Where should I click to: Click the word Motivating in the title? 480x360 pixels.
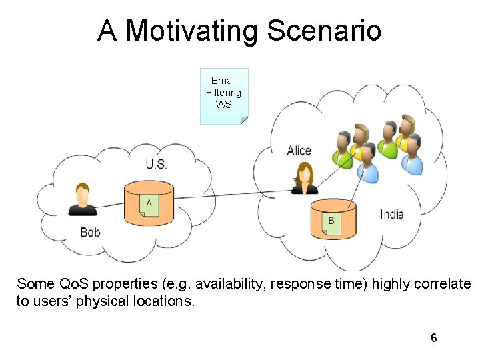tap(192, 31)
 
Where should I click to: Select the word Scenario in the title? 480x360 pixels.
tap(325, 31)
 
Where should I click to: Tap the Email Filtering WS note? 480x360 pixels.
tap(224, 95)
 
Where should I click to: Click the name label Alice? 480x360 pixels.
tap(299, 151)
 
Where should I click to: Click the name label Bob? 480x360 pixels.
tap(90, 233)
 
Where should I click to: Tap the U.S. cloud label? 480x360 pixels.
tap(156, 164)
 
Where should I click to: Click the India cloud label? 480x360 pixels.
tap(391, 214)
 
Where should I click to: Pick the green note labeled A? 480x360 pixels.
tap(149, 205)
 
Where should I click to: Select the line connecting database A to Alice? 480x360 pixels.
tap(227, 195)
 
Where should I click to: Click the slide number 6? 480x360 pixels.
tap(434, 338)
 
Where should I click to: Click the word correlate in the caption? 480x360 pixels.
tap(442, 284)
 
